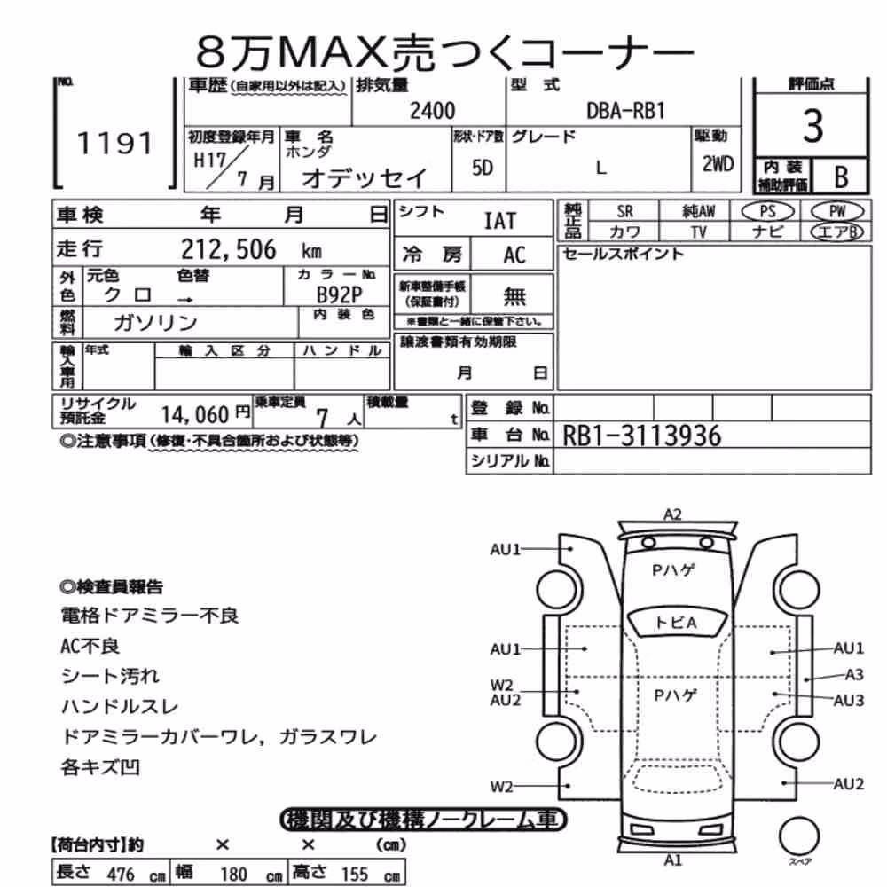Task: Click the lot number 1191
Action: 114,143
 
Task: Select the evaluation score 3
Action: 812,126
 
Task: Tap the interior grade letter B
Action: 841,177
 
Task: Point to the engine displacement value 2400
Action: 432,110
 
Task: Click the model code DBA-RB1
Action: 625,111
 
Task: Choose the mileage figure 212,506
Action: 229,249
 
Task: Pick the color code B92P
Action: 339,294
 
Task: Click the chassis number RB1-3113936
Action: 642,436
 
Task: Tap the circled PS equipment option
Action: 767,212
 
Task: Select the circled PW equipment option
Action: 837,212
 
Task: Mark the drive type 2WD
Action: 718,164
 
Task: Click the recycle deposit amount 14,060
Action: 194,415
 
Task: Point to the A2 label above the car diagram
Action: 672,514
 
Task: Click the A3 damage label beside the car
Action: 854,674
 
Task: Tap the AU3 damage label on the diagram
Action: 849,701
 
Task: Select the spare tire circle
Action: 799,836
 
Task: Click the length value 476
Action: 121,874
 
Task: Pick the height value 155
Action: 354,874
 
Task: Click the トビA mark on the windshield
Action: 675,623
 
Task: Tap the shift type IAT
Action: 500,221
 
